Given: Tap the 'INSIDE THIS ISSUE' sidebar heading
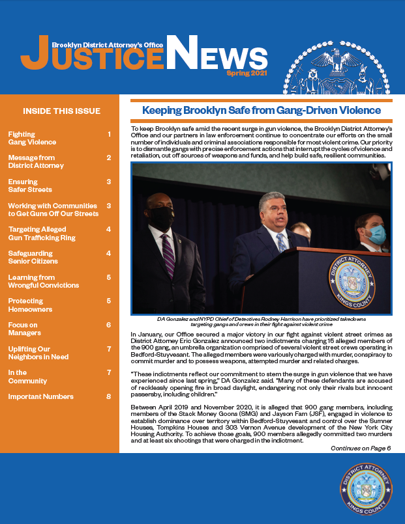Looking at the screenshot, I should [62, 110].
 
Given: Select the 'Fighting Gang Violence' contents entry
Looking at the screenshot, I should [32, 138].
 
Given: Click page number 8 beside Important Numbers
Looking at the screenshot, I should [108, 396].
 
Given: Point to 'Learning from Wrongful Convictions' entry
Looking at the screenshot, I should [43, 281].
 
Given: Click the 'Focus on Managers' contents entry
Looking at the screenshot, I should [24, 329].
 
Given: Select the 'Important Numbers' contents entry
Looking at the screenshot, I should [40, 396].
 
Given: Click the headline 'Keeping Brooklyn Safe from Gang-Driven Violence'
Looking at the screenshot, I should [262, 111].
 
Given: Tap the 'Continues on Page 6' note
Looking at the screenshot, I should [361, 448].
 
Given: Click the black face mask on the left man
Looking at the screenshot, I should [161, 217].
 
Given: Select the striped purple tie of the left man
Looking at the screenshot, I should [168, 256].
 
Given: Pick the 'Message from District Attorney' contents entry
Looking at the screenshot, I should [36, 161].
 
